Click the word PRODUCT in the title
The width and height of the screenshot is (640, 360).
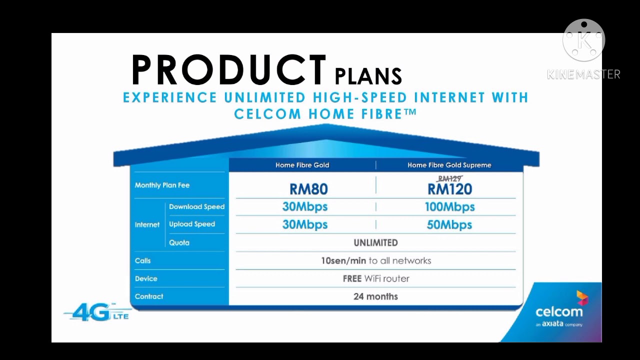229,70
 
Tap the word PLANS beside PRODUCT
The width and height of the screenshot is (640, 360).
368,76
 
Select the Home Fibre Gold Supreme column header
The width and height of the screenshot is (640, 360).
449,165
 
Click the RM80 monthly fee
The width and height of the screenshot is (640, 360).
308,189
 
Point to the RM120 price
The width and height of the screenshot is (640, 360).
449,189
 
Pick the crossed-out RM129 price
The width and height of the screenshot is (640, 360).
449,178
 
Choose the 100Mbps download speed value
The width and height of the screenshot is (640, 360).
449,207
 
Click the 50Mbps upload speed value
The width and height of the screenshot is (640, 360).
449,225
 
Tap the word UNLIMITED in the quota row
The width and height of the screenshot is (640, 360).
375,243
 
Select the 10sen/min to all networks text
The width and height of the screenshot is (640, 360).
375,260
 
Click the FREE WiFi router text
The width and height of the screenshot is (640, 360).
375,278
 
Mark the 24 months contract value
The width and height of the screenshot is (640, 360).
375,296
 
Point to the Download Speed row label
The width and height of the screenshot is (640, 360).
196,207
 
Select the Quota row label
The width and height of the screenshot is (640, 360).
179,243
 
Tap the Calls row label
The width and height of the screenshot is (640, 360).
142,260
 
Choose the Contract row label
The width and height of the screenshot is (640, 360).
149,296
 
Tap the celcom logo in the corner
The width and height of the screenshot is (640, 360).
559,311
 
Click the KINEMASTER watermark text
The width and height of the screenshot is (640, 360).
583,74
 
